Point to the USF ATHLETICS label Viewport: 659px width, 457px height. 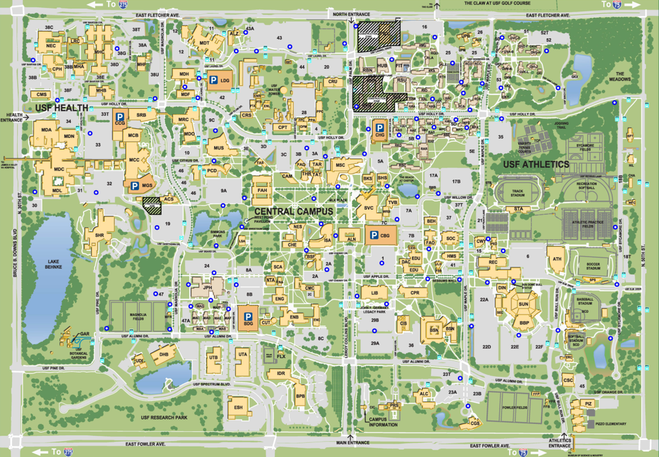pyautogui.click(x=536, y=164)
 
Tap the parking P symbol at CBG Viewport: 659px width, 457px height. pyautogui.click(x=374, y=235)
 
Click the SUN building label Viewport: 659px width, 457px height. pyautogui.click(x=523, y=305)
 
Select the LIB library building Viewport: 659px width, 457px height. pyautogui.click(x=374, y=292)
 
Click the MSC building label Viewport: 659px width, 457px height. pyautogui.click(x=340, y=164)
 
